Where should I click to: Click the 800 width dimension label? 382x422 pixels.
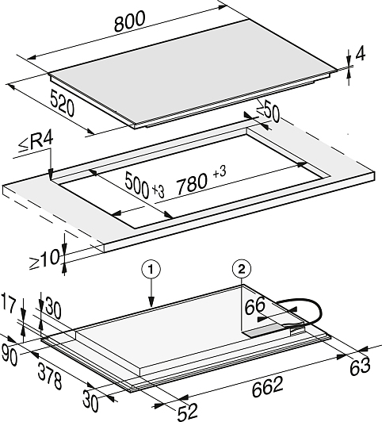130,21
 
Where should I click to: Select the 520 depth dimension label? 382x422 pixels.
62,104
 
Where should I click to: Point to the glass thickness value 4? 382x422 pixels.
361,54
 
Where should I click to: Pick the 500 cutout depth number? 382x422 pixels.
137,185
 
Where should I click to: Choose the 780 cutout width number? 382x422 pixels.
192,184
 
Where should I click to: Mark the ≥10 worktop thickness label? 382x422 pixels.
44,259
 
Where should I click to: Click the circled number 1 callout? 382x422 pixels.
151,270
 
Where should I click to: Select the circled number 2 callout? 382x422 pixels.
242,270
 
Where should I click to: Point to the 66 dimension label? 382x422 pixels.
255,306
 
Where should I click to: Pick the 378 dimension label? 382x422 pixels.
50,376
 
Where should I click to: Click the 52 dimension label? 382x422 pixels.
188,412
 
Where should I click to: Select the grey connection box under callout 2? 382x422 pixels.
265,331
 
